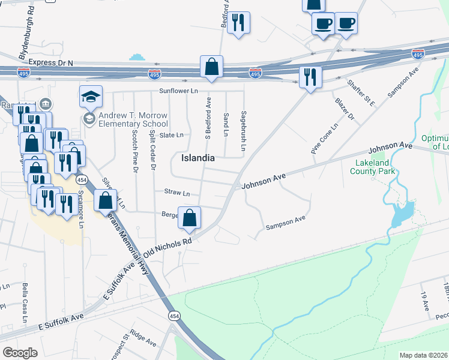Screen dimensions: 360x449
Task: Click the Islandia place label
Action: click(x=198, y=158)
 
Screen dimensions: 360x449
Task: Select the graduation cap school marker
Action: click(x=91, y=97)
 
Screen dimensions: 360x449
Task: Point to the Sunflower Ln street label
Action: click(x=178, y=91)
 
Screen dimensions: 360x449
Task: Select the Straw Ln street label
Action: click(x=177, y=193)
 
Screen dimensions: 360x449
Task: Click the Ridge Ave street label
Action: click(x=143, y=340)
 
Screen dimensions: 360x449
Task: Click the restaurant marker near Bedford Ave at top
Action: click(x=239, y=23)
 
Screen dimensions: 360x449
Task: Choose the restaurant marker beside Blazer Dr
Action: click(x=310, y=77)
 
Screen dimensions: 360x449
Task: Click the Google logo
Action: click(x=20, y=353)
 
